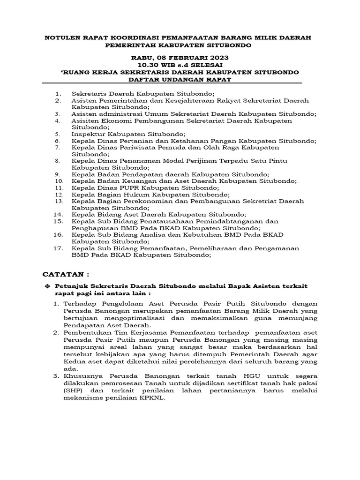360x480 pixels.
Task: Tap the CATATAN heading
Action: [x=65, y=274]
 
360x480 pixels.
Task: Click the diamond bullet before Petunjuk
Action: [x=46, y=286]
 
